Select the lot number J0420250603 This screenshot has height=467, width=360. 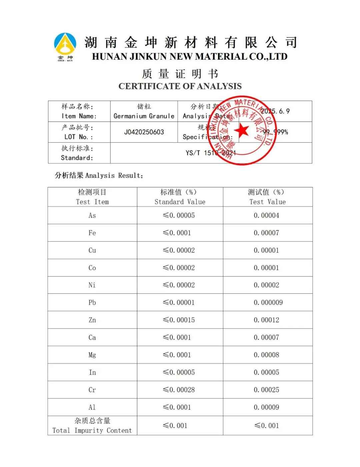point(144,132)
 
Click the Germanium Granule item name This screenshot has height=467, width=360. point(144,116)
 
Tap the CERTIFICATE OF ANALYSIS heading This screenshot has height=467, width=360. point(180,86)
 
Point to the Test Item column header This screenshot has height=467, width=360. point(92,197)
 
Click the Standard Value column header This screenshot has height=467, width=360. point(180,197)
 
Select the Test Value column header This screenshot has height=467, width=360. point(267,197)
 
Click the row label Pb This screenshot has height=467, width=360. point(92,303)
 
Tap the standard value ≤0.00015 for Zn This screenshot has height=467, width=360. point(179,320)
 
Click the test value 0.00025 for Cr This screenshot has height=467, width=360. point(266,390)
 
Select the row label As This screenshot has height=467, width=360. point(92,216)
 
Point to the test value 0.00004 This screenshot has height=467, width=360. point(266,216)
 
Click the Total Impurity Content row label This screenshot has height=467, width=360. point(92,426)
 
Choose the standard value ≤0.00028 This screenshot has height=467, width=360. point(179,390)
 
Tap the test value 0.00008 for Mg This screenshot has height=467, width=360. point(266,355)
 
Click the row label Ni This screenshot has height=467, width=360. point(92,285)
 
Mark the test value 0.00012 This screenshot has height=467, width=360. point(266,320)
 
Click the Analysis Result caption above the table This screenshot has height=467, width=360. point(99,175)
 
